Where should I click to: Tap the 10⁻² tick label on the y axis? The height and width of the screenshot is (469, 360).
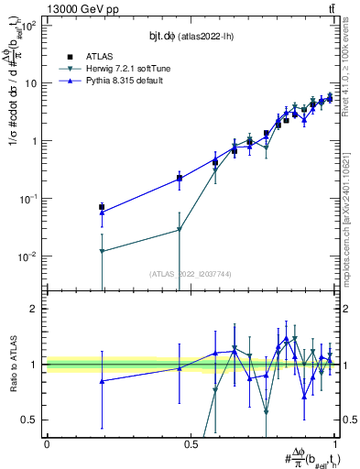pos(30,256)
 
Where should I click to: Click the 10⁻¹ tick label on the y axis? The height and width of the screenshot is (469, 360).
pos(30,199)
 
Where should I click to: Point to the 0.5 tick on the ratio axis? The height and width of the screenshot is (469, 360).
pos(33,420)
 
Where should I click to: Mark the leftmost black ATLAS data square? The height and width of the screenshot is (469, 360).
pos(102,207)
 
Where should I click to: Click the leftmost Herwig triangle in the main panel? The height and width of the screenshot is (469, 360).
pos(102,251)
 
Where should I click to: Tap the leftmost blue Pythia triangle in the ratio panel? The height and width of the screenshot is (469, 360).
pos(102,381)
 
